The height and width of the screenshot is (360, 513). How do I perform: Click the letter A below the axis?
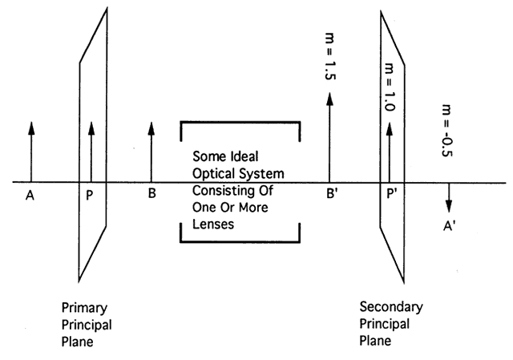click(30, 193)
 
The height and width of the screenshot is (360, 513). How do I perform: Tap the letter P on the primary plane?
click(90, 193)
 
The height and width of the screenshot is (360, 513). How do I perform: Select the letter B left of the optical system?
click(151, 193)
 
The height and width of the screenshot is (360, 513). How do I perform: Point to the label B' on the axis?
click(330, 193)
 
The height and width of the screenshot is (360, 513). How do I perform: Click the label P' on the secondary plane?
click(393, 193)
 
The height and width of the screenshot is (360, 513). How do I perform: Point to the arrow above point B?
click(151, 152)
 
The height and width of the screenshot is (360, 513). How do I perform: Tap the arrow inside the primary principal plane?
click(91, 152)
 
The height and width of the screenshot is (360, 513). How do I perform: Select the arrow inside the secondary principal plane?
click(390, 152)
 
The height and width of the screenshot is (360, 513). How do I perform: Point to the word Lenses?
click(213, 225)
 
